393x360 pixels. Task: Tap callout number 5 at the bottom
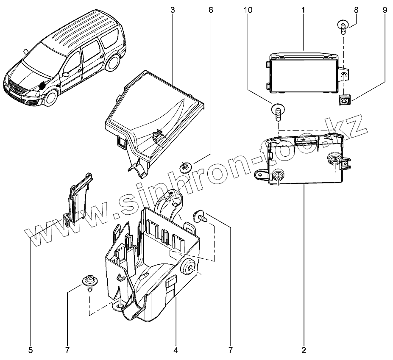(x=31, y=350)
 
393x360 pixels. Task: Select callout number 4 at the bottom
(x=176, y=350)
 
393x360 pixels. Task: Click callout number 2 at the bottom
(x=304, y=350)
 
